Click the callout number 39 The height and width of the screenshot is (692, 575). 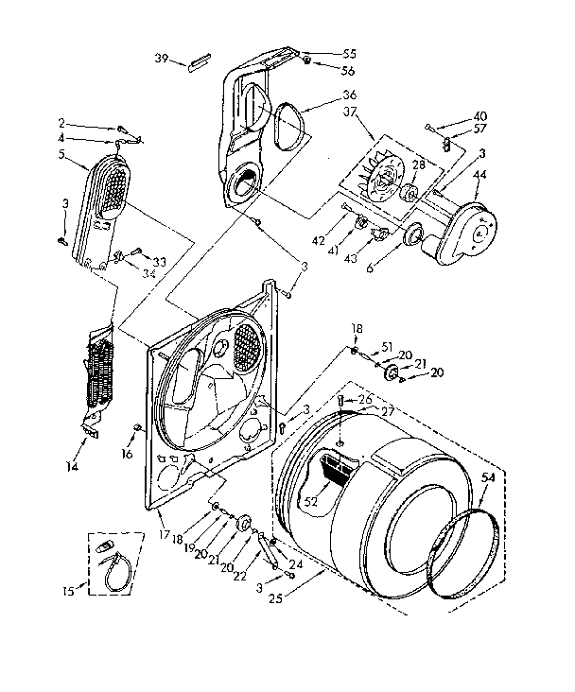click(x=161, y=59)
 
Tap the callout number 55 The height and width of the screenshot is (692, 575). click(x=322, y=55)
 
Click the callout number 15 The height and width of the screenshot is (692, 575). click(x=67, y=592)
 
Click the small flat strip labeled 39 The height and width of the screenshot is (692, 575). click(x=200, y=62)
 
